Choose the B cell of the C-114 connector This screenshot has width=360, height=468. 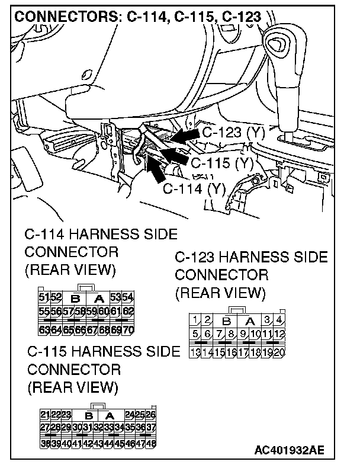point(75,297)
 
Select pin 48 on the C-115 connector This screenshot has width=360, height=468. point(150,444)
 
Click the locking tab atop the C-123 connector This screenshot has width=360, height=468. point(237,310)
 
